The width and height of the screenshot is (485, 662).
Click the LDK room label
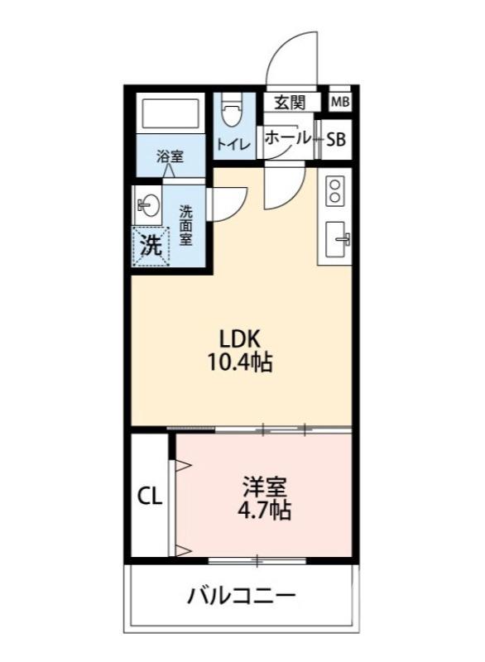pos(240,338)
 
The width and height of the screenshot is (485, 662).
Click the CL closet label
pos(149,496)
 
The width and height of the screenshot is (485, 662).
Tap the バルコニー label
pos(241,596)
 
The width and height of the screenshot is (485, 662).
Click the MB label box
pos(339,103)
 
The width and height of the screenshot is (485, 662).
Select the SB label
pos(335,140)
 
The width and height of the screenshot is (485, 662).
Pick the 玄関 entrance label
pos(289,103)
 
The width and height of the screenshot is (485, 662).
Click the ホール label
pos(287,138)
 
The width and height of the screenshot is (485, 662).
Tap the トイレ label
pos(233,144)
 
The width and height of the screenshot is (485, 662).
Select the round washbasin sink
pos(149,204)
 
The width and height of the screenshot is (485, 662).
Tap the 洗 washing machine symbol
pos(150,245)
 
